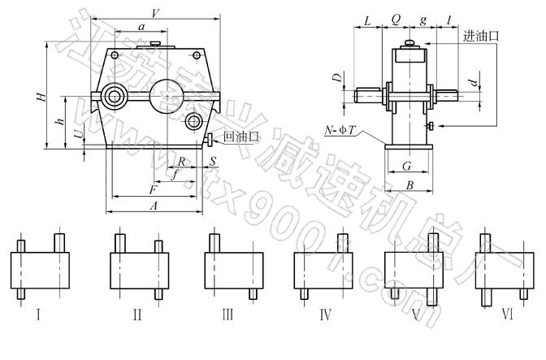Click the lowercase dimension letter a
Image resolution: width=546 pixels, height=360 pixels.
pyautogui.click(x=141, y=27)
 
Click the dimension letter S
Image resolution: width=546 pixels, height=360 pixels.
pyautogui.click(x=211, y=163)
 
